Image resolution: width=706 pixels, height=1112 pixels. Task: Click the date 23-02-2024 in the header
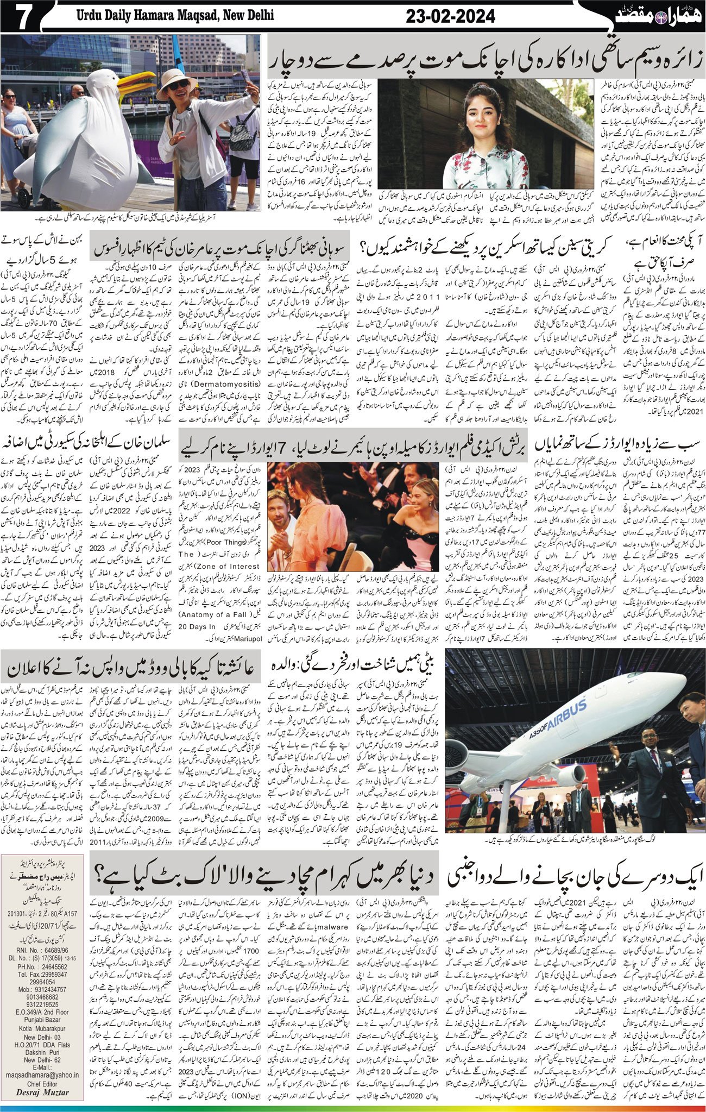coord(451,17)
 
